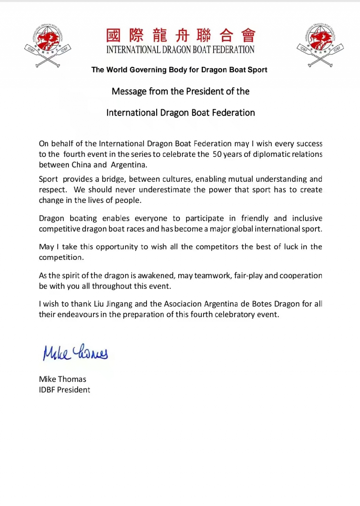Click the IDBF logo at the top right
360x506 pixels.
320,45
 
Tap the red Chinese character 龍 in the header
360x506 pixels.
159,36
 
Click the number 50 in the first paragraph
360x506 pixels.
217,154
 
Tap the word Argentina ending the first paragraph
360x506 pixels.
129,165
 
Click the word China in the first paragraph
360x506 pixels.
81,165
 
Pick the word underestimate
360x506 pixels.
165,190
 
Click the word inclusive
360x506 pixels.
307,218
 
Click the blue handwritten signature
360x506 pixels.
75,352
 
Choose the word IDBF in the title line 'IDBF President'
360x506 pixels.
47,390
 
